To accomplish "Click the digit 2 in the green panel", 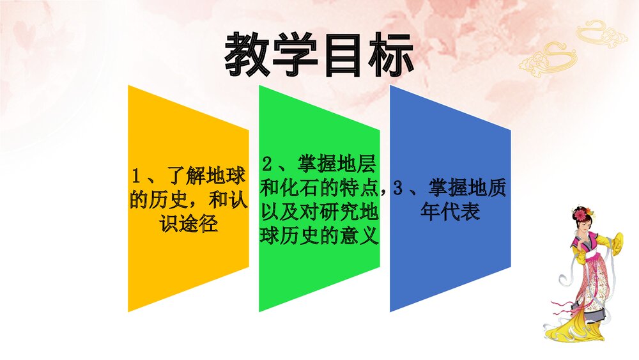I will click(268, 164).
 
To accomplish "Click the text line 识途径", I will click(189, 223).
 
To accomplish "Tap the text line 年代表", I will click(450, 212).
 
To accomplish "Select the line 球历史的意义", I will click(319, 234).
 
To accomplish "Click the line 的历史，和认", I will click(189, 200).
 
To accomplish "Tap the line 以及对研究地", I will click(319, 211).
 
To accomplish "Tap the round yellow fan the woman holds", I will click(618, 243).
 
